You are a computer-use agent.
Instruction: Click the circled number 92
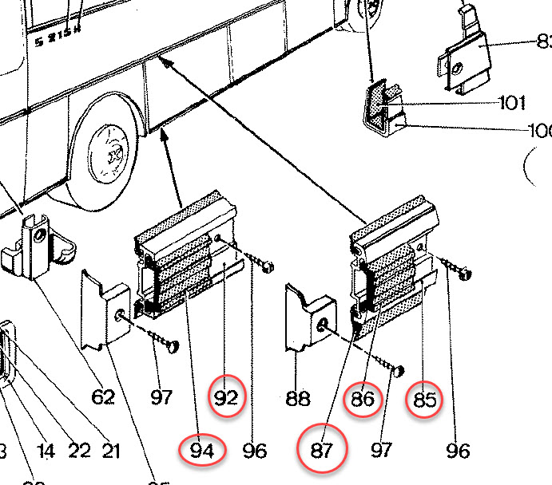(227, 396)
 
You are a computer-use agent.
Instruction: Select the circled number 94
(203, 451)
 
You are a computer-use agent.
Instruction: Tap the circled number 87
(321, 450)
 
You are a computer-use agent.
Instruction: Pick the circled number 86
(363, 399)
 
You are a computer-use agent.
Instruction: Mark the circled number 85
(425, 400)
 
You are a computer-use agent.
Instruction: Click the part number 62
(103, 396)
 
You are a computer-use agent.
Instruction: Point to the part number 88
(297, 398)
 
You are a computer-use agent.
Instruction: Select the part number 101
(511, 103)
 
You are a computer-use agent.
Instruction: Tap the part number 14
(46, 451)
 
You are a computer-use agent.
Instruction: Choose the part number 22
(79, 451)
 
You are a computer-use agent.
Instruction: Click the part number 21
(110, 451)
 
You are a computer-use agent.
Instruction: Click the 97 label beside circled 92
(162, 396)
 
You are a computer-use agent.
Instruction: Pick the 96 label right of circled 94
(254, 451)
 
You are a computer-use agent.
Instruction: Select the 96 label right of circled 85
(458, 451)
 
